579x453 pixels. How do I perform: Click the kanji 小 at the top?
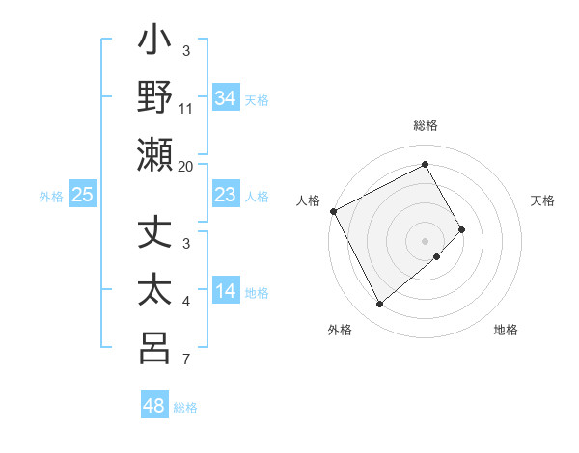pos(155,42)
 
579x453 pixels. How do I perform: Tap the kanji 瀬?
pos(155,154)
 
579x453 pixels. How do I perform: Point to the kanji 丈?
pos(155,234)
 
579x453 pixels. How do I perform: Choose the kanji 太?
pos(155,291)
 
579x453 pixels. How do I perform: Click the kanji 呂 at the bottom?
pos(155,348)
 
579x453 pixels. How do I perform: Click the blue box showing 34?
pos(225,98)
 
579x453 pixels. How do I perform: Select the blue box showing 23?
pos(225,195)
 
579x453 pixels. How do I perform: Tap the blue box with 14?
pos(225,291)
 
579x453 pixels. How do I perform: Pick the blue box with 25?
pos(82,195)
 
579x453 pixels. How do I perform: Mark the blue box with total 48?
pos(154,406)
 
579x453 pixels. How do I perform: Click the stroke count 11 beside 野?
pos(186,109)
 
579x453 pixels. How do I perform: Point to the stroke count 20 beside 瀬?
pos(186,166)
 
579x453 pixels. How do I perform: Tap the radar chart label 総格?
pos(426,125)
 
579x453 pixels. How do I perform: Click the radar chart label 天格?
pos(542,200)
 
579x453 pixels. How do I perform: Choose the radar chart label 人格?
pos(308,200)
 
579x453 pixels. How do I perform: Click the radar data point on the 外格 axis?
pos(379,305)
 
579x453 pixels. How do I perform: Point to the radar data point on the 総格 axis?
pos(426,164)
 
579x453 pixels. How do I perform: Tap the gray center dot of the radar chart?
pos(426,240)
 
